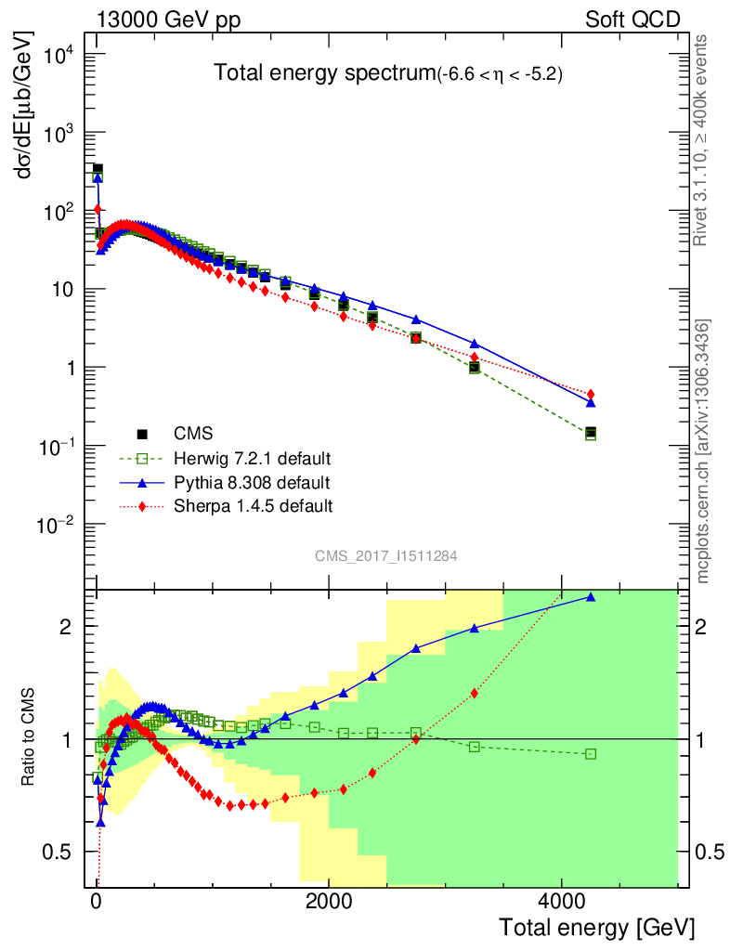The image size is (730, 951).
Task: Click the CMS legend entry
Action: [x=192, y=434]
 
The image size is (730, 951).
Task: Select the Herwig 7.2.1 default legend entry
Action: [x=252, y=459]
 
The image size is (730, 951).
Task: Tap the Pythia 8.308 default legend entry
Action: [x=252, y=483]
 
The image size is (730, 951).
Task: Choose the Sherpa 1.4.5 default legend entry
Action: [x=252, y=506]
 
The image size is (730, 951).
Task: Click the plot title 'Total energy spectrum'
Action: [x=324, y=73]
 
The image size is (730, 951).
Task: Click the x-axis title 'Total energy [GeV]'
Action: [x=596, y=928]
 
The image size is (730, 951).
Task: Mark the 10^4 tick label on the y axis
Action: [x=60, y=55]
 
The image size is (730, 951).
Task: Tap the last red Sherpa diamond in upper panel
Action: [x=591, y=394]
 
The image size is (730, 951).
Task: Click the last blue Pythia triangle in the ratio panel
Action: [x=591, y=597]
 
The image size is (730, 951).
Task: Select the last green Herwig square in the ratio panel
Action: [x=591, y=754]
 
